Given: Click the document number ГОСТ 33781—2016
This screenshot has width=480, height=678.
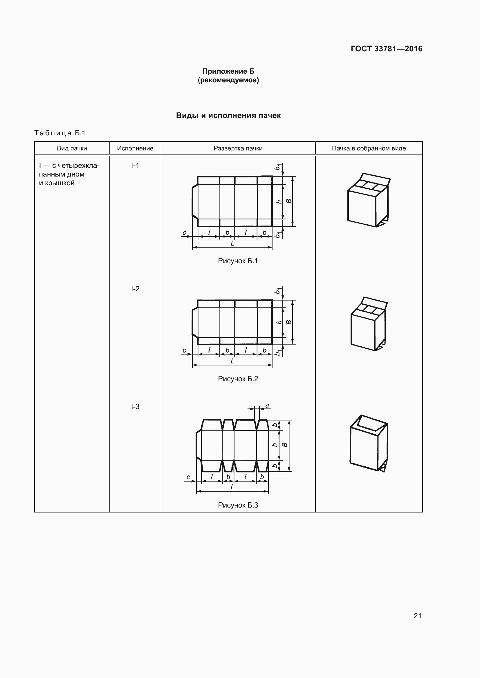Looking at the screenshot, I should click(x=386, y=49).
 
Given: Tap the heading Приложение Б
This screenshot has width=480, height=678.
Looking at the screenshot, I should click(x=228, y=71).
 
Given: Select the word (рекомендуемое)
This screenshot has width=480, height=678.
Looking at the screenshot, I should click(x=228, y=80).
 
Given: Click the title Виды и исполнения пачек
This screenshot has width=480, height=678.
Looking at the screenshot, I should click(x=228, y=115).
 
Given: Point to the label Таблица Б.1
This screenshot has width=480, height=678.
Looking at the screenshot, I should click(x=60, y=133).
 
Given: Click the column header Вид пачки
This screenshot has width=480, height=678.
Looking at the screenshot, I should click(x=72, y=148).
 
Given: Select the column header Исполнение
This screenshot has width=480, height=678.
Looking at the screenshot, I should click(x=135, y=148).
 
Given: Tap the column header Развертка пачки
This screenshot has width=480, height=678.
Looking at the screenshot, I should click(x=238, y=148).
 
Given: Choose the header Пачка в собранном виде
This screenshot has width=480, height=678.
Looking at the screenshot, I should click(x=369, y=148).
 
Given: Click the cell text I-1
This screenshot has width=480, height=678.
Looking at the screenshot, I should click(x=135, y=165).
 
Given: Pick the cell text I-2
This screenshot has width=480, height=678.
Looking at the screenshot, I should click(x=135, y=289).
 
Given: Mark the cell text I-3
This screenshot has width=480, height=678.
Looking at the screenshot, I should click(x=135, y=407).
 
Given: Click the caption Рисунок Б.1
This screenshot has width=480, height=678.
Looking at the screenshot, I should click(x=238, y=261).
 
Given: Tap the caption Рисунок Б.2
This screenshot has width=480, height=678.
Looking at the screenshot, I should click(x=238, y=379).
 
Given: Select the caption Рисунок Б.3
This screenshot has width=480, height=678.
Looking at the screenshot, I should click(x=238, y=505).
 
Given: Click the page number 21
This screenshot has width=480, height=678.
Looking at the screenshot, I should click(x=417, y=616).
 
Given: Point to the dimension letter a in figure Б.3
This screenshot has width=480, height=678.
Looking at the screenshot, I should click(x=267, y=406).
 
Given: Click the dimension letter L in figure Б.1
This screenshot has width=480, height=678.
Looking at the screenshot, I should click(x=233, y=243).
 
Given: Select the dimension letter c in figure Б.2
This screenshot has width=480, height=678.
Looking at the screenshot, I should click(x=185, y=350).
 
